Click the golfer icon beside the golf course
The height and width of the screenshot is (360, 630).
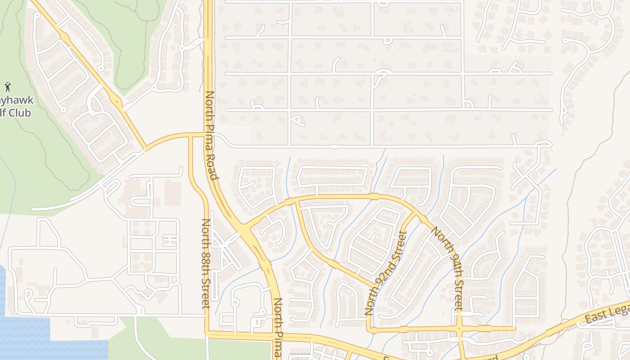coord(7,86)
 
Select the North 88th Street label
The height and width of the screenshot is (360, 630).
coord(206,263)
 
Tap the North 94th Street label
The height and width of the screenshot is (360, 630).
coord(447,268)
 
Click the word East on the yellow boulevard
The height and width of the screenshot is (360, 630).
coord(594,318)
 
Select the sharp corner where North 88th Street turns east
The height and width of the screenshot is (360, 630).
coord(207,333)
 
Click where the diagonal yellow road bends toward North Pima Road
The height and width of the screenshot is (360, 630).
coord(145,148)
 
